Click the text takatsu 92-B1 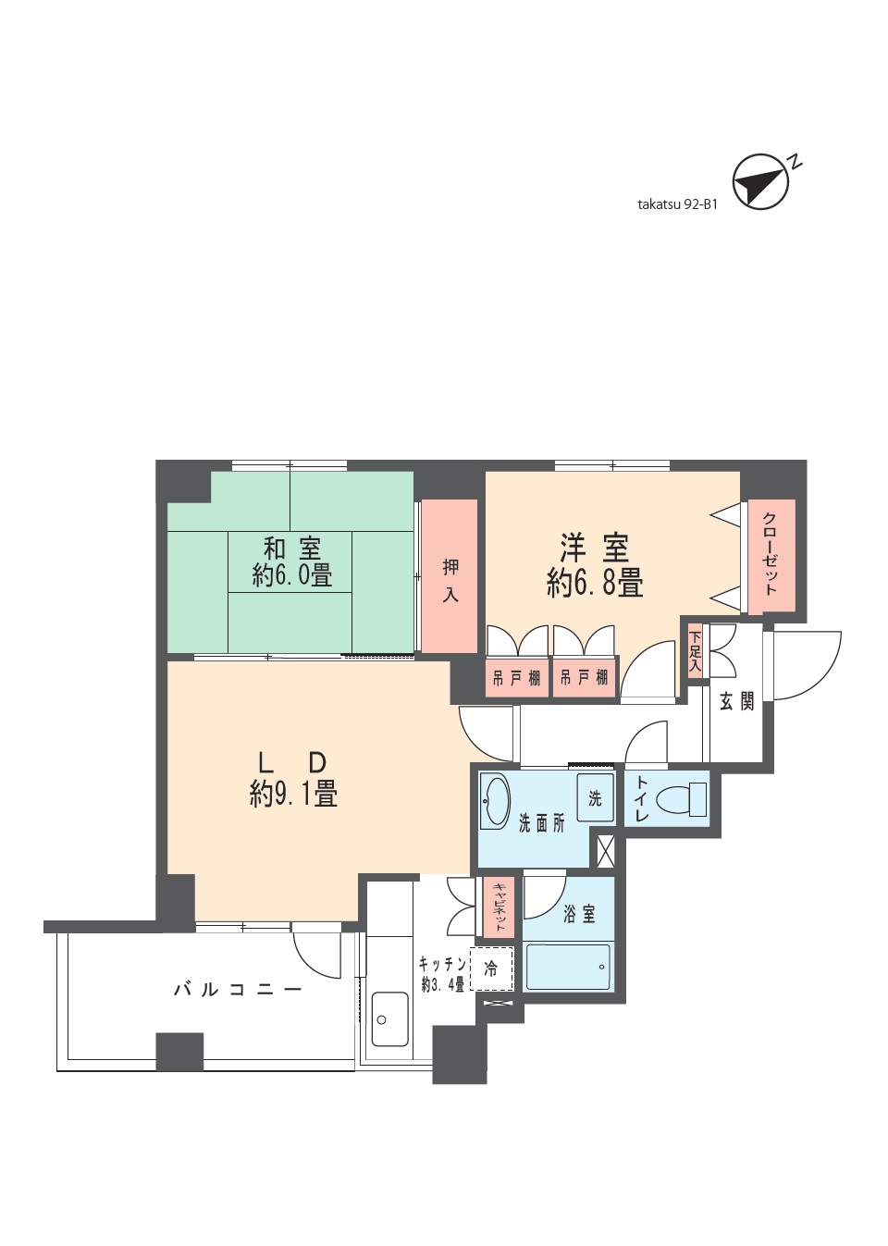(677, 204)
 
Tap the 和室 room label (291, 548)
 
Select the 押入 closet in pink (450, 576)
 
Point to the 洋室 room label (595, 548)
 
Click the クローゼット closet (771, 555)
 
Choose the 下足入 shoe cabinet (695, 651)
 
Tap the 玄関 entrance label (736, 701)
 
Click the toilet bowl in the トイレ (681, 799)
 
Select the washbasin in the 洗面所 (496, 801)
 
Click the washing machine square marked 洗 (595, 797)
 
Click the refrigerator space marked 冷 (491, 968)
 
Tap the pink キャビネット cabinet (499, 907)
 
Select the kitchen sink (389, 1019)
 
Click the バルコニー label (238, 990)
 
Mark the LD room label (291, 762)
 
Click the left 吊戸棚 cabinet (516, 678)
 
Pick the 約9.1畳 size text (293, 794)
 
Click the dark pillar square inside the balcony (179, 1051)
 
